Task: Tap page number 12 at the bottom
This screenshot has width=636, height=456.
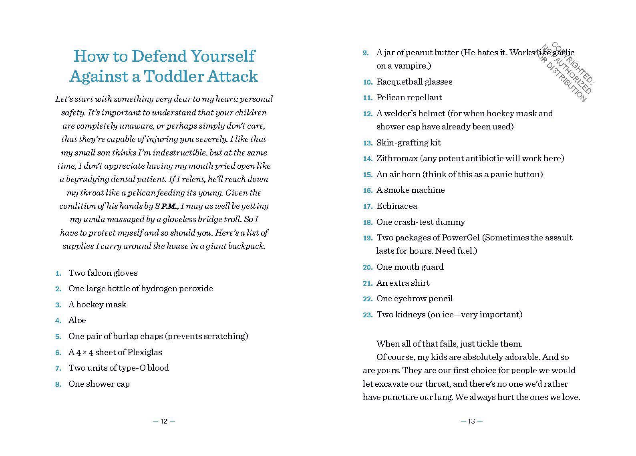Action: coord(164,421)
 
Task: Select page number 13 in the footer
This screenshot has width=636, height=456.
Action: coord(471,421)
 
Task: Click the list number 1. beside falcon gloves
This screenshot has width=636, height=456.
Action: coord(58,274)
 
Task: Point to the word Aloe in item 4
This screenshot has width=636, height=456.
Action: coord(77,320)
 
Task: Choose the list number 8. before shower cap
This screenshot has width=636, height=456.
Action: coord(58,385)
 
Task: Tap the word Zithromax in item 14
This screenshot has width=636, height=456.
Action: coord(396,158)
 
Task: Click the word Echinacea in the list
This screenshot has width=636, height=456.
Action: coord(396,206)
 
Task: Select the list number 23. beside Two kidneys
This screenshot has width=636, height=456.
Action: coord(368,315)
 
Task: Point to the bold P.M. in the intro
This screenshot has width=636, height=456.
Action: coord(169,206)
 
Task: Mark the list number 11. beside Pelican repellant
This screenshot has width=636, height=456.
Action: coord(368,98)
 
